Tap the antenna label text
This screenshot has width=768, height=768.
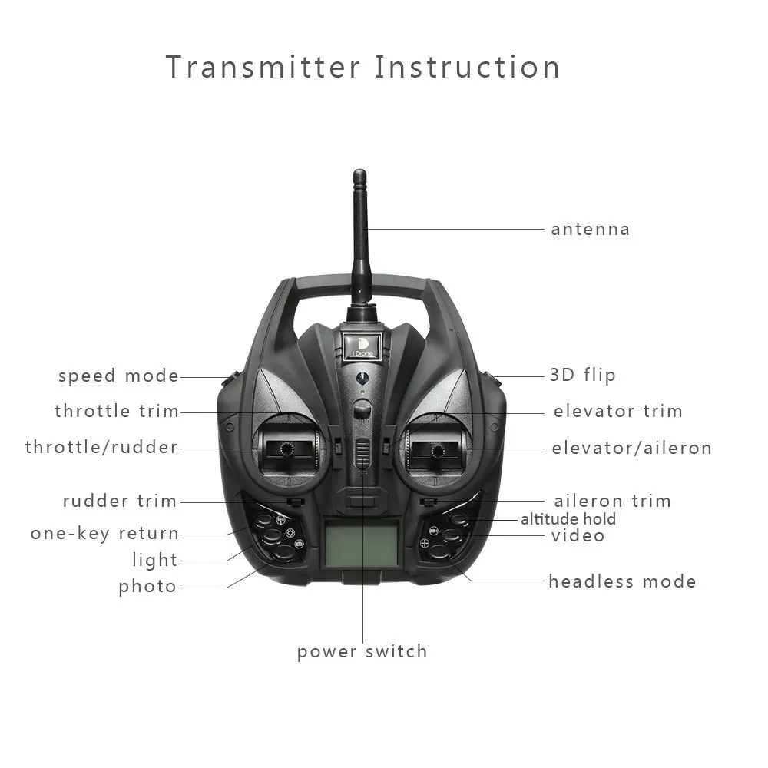click(x=590, y=229)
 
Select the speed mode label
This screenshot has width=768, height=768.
click(x=118, y=376)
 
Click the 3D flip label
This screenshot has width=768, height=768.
click(x=582, y=376)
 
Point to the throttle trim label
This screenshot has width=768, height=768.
click(x=116, y=411)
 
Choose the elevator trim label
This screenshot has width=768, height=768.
click(x=617, y=411)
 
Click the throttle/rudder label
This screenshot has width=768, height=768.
click(x=101, y=447)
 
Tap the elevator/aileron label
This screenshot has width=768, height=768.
click(x=631, y=448)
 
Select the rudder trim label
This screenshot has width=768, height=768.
click(x=120, y=501)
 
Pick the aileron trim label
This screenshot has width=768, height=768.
click(x=612, y=501)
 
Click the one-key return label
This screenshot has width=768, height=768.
click(x=104, y=533)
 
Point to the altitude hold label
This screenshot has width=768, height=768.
click(x=568, y=519)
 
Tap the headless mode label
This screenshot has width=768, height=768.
click(x=622, y=581)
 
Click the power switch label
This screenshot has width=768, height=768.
click(x=362, y=652)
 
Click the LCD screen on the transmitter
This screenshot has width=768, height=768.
click(x=361, y=543)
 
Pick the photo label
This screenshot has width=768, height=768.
click(x=147, y=587)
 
